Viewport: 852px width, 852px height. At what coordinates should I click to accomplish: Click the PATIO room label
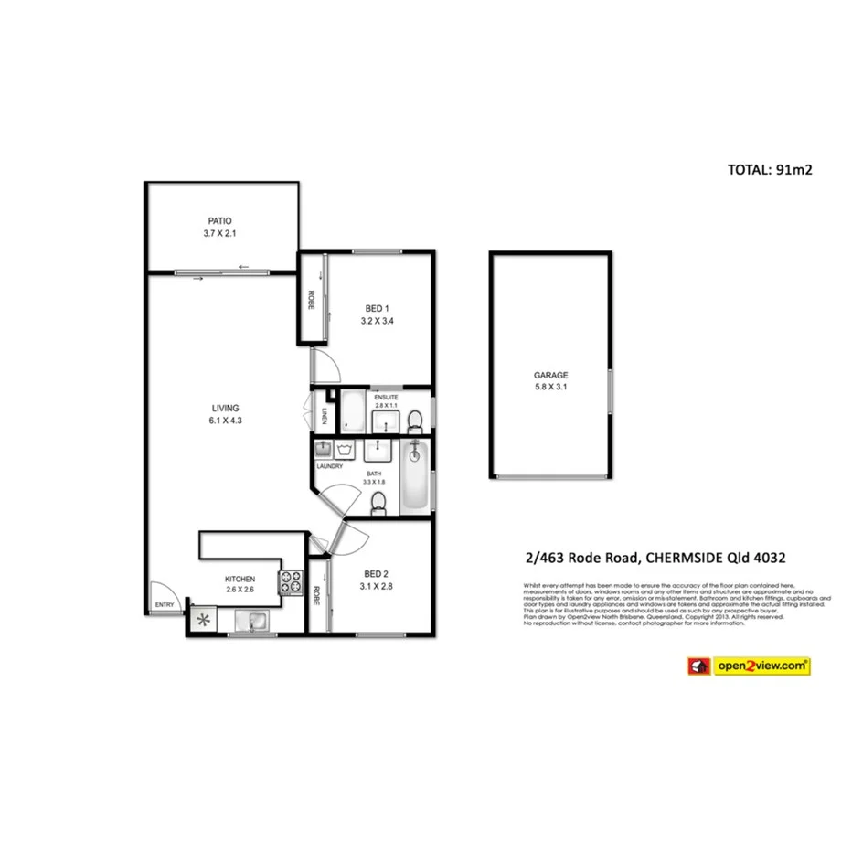click(x=218, y=221)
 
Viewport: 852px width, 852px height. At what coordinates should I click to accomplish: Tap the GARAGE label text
click(x=551, y=375)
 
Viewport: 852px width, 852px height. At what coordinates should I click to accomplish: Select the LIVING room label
click(x=225, y=409)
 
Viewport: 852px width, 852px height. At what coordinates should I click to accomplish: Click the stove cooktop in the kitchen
click(x=291, y=582)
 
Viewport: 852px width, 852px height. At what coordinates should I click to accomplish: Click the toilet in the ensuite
click(x=415, y=421)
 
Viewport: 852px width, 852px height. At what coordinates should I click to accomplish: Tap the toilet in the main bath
click(x=377, y=503)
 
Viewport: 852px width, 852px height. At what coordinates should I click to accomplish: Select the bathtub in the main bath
click(x=415, y=477)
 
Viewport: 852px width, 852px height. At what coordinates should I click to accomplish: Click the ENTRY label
click(x=165, y=604)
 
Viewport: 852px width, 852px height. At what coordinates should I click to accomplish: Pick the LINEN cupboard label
click(x=325, y=417)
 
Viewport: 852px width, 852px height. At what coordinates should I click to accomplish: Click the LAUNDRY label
click(x=329, y=466)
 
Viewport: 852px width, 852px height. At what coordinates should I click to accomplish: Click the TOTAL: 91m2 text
click(x=770, y=169)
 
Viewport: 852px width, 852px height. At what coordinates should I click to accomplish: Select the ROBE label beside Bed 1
click(x=312, y=300)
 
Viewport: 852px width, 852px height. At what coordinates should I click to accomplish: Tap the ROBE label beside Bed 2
click(x=316, y=596)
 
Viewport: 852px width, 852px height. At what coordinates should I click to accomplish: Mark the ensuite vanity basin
click(x=383, y=421)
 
